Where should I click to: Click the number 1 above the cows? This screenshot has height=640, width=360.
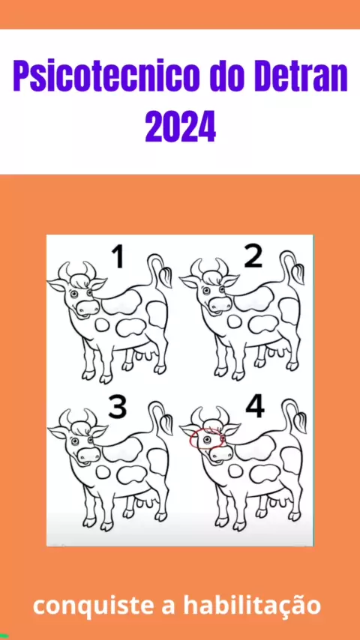pyautogui.click(x=118, y=258)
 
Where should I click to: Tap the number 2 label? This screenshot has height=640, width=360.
pyautogui.click(x=253, y=257)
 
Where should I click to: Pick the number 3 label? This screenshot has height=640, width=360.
pyautogui.click(x=118, y=407)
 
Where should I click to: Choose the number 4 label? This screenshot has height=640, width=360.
pyautogui.click(x=255, y=407)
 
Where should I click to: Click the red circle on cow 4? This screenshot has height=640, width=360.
pyautogui.click(x=207, y=438)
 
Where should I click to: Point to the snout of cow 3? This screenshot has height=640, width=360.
pyautogui.click(x=88, y=454)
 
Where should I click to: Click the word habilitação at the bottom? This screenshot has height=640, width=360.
pyautogui.click(x=252, y=606)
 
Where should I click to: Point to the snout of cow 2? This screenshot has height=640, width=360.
pyautogui.click(x=220, y=304)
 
